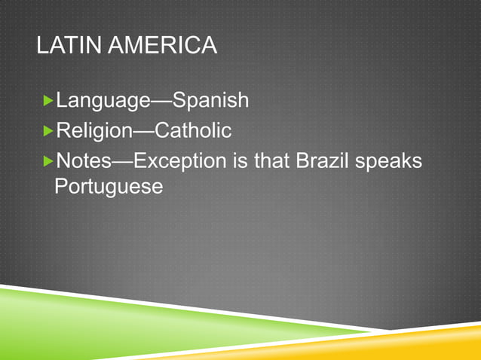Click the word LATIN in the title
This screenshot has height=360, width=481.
(63, 47)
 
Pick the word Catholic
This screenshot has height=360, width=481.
(193, 130)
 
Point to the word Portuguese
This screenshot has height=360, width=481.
(109, 186)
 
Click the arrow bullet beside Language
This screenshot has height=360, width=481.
(49, 99)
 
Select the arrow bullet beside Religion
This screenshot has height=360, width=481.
(49, 131)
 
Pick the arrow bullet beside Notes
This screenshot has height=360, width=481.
(49, 161)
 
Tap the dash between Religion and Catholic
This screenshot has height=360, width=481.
(144, 131)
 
